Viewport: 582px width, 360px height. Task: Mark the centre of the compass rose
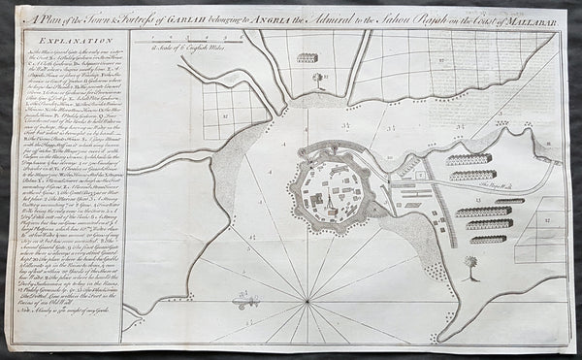tap(308, 304)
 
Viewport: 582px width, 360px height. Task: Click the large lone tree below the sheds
tap(472, 265)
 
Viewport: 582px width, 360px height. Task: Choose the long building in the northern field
tap(307, 58)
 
